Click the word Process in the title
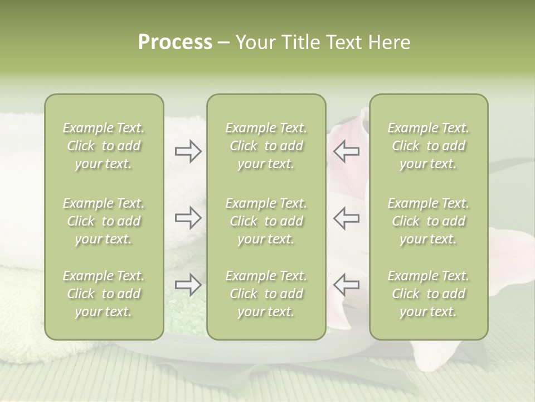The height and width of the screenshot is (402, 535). tap(175, 42)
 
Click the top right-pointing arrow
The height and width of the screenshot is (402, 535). tap(188, 151)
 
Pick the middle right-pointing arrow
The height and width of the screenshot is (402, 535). tap(188, 218)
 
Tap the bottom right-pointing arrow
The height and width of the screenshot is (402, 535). tap(188, 285)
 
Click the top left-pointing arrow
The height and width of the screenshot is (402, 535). tap(347, 151)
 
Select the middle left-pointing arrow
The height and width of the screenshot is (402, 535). tap(347, 218)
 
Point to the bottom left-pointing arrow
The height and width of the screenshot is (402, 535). tap(347, 285)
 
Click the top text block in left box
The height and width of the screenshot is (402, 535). tap(104, 146)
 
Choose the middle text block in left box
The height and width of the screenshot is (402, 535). tap(104, 221)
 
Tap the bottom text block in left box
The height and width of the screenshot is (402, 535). tap(104, 294)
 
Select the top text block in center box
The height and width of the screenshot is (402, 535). tap(266, 146)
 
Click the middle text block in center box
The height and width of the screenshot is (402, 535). tap(266, 221)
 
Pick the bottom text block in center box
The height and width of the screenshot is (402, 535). tap(266, 294)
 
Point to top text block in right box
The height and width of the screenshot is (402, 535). tap(429, 146)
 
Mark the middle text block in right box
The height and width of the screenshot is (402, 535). tap(429, 221)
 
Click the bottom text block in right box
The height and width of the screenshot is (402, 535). tap(429, 294)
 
